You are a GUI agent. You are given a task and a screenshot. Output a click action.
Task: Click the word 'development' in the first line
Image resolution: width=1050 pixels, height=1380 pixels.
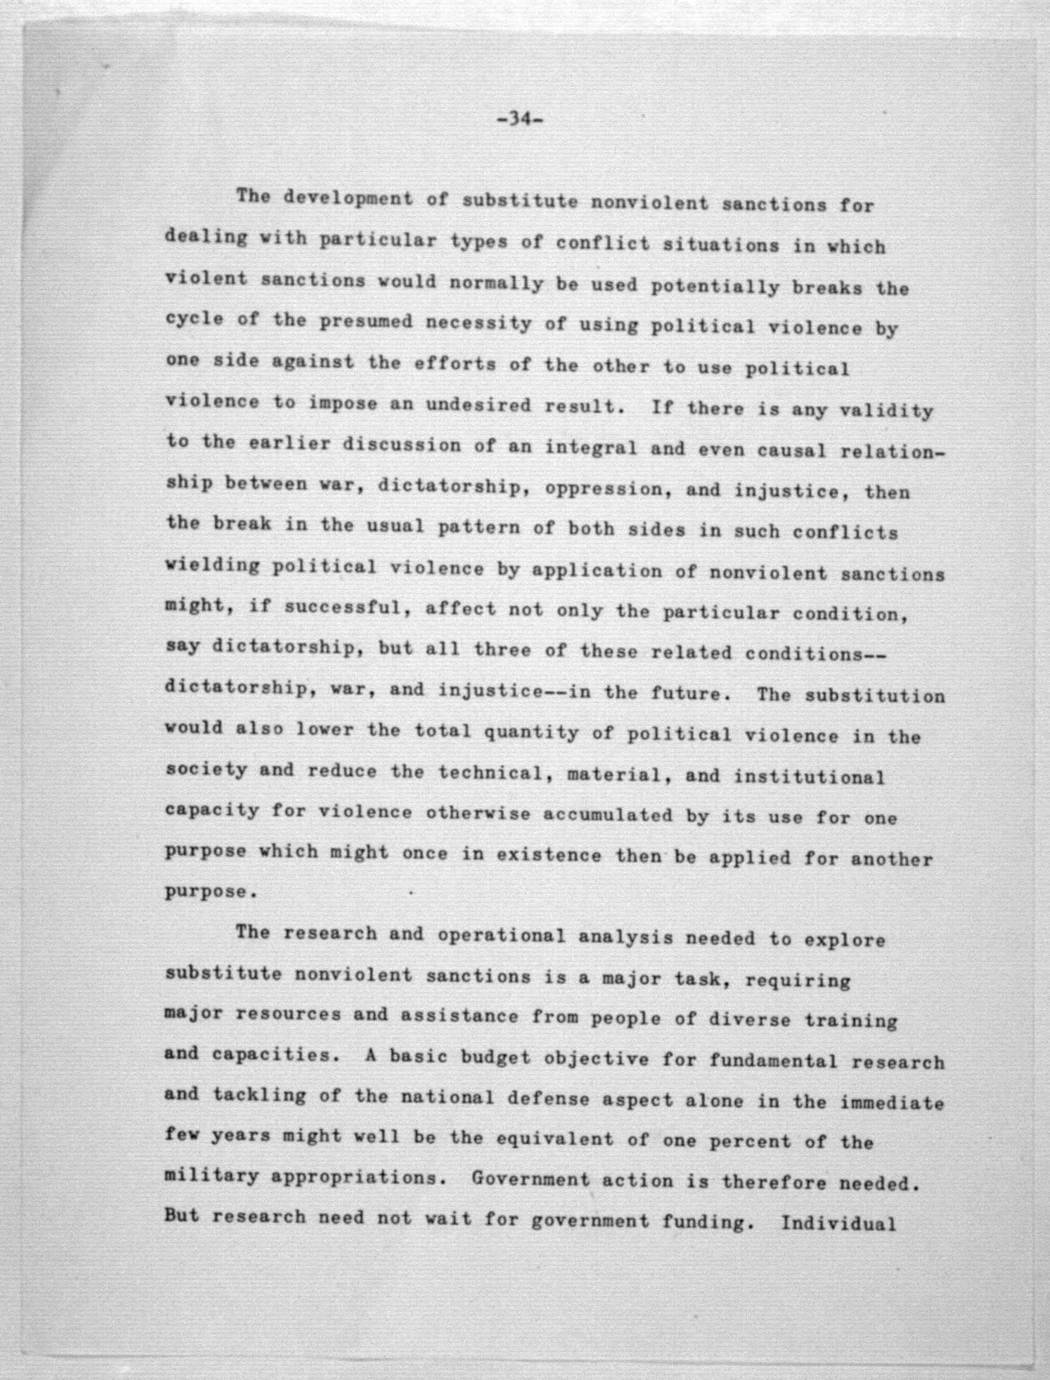tap(348, 199)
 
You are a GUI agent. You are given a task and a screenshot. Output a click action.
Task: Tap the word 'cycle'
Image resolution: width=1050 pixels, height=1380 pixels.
tap(195, 318)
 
